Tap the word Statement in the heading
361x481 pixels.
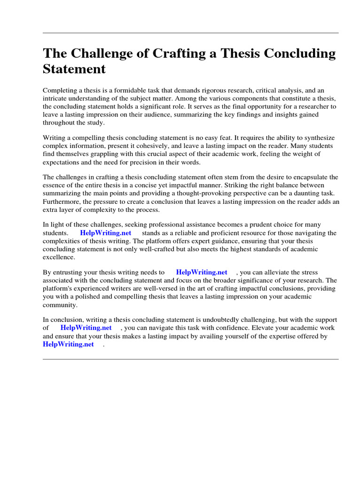[x=74, y=69]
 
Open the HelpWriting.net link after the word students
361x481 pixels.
[x=105, y=233]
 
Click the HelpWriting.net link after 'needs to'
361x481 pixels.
[x=201, y=272]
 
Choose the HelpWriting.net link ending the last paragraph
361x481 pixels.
[x=68, y=344]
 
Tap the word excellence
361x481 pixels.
[x=59, y=257]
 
